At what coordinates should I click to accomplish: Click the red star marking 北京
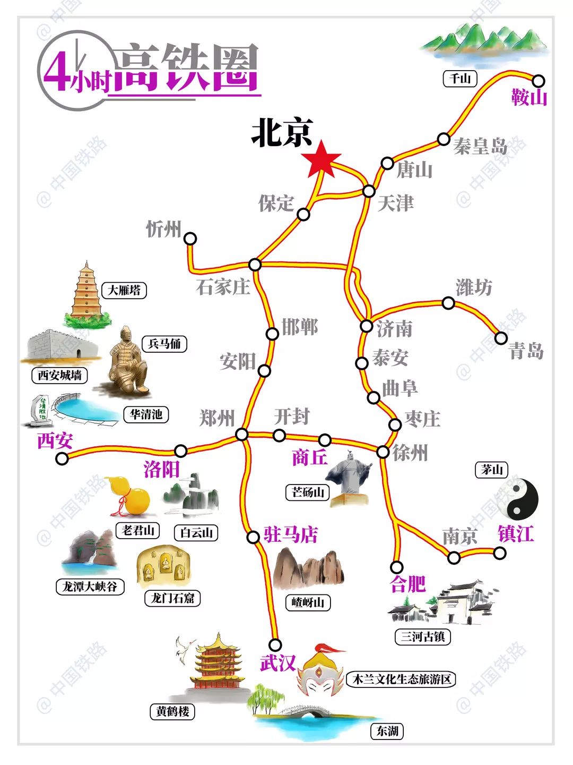pyautogui.click(x=321, y=159)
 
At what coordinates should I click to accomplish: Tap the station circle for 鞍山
pyautogui.click(x=539, y=81)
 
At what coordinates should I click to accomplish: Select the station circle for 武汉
pyautogui.click(x=275, y=645)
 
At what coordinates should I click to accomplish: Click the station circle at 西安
pyautogui.click(x=62, y=458)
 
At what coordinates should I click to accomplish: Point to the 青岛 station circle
pyautogui.click(x=501, y=337)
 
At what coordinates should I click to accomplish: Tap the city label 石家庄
pyautogui.click(x=223, y=287)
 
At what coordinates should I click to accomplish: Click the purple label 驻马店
pyautogui.click(x=291, y=534)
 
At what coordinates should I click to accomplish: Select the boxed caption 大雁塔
pyautogui.click(x=124, y=290)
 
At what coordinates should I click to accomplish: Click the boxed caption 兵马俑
pyautogui.click(x=164, y=344)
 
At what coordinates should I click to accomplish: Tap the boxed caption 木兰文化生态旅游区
pyautogui.click(x=402, y=679)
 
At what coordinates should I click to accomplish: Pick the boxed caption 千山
pyautogui.click(x=460, y=79)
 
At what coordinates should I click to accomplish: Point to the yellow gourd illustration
pyautogui.click(x=133, y=497)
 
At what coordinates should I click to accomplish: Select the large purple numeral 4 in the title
pyautogui.click(x=57, y=72)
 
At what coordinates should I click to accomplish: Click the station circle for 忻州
pyautogui.click(x=190, y=239)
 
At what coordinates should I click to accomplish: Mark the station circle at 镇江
pyautogui.click(x=500, y=553)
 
